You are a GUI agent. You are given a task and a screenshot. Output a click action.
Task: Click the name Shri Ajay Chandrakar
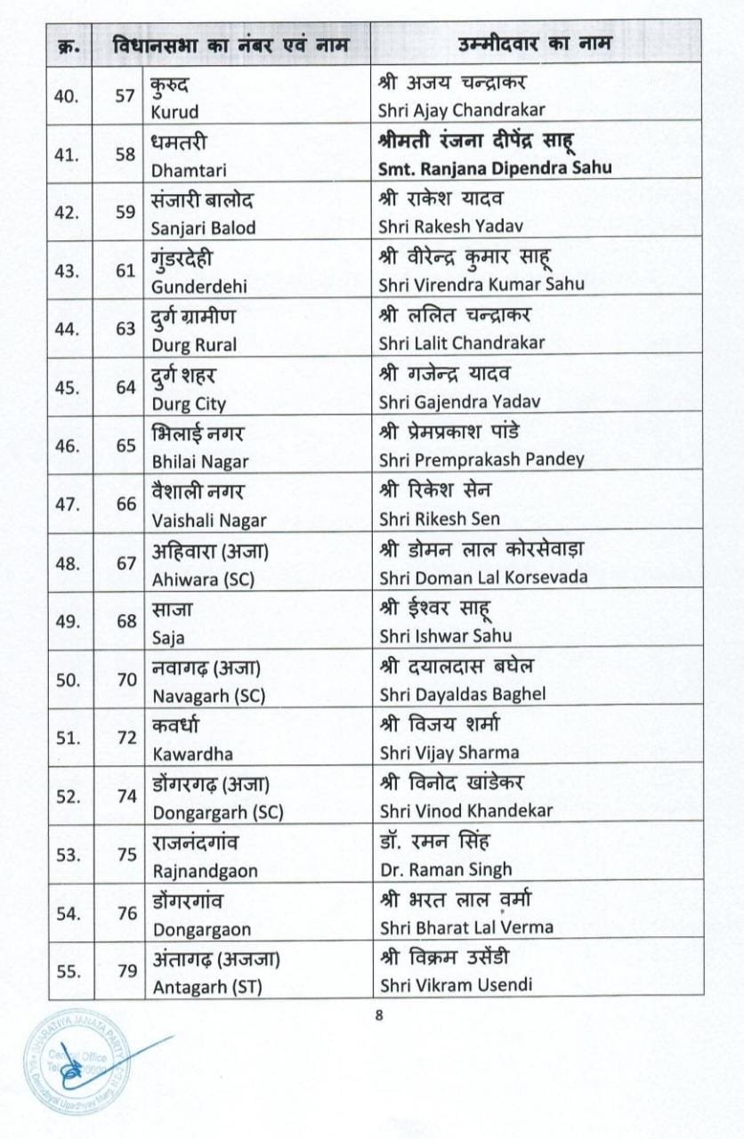click(461, 110)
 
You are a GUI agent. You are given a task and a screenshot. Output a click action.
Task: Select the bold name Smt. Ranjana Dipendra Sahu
click(495, 168)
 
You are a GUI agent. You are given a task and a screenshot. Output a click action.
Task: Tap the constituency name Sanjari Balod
click(204, 227)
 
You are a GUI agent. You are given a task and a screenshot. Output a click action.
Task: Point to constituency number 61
click(126, 271)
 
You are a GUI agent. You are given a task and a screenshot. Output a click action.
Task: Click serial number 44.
click(67, 329)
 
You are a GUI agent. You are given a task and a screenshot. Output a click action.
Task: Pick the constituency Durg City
click(189, 401)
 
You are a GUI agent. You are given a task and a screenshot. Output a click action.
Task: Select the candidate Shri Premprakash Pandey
click(481, 459)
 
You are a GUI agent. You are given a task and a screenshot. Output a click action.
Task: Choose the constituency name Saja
click(169, 634)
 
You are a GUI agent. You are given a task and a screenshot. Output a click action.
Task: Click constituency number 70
click(126, 679)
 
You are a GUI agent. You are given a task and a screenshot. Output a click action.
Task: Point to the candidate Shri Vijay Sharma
click(449, 752)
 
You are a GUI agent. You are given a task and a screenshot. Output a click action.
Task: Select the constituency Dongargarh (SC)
click(217, 811)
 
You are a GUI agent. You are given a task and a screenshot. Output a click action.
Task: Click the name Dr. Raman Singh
click(445, 868)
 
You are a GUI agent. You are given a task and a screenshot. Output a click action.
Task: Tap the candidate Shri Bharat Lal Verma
click(466, 926)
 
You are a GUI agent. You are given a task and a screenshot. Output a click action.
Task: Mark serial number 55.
click(67, 971)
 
